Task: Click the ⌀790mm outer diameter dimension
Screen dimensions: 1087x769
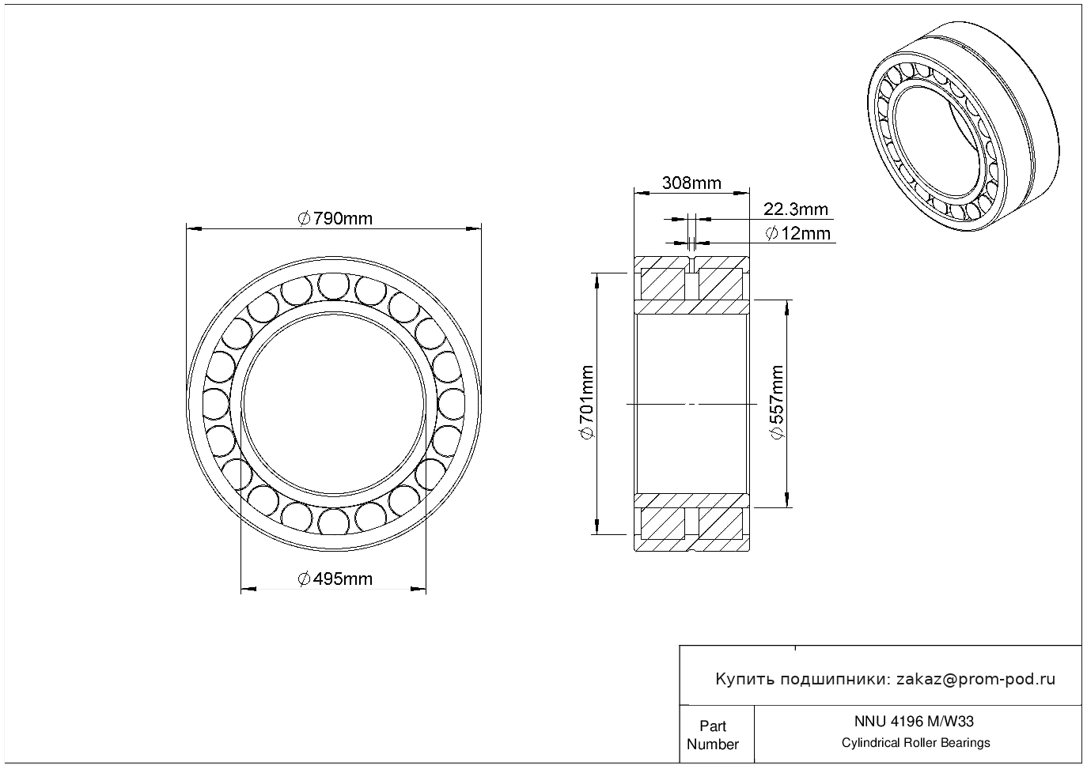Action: click(x=335, y=219)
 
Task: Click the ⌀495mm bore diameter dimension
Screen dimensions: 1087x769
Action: click(x=335, y=579)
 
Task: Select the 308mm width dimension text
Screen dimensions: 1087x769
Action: click(x=691, y=183)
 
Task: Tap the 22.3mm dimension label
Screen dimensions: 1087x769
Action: click(x=796, y=209)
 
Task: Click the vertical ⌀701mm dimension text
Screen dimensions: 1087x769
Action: click(x=587, y=402)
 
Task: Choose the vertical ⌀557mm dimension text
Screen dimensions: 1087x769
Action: click(x=777, y=402)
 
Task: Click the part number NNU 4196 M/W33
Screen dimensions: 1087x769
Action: click(x=914, y=722)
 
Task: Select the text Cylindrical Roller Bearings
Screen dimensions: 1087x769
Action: click(x=915, y=743)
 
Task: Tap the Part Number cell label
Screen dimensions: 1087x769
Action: click(x=712, y=735)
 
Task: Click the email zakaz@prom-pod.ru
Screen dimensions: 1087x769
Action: click(x=976, y=680)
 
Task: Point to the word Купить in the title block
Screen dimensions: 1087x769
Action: click(x=745, y=680)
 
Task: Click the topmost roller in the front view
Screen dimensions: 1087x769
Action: click(x=333, y=286)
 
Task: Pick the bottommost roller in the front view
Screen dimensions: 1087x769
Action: click(x=333, y=522)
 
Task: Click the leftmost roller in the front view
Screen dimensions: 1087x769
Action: click(x=216, y=403)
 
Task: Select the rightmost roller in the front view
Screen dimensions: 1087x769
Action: click(x=451, y=403)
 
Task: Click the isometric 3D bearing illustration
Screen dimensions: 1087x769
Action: click(x=964, y=126)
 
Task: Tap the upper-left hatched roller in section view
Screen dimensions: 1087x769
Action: click(x=662, y=284)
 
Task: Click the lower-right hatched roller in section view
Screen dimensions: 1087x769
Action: click(x=721, y=524)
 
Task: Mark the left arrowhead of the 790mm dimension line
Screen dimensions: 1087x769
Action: click(x=194, y=228)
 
